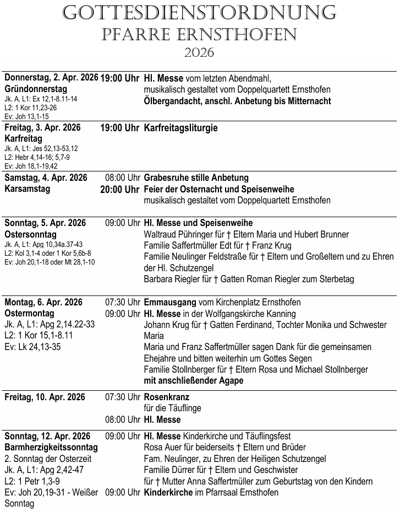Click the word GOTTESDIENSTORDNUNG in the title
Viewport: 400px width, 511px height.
[200, 13]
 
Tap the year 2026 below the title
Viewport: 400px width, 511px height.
[199, 53]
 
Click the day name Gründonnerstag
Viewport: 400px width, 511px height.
[36, 89]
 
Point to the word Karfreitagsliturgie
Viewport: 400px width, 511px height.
[180, 128]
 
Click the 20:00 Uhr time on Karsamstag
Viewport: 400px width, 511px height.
[120, 190]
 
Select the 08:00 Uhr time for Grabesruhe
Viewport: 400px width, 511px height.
[122, 178]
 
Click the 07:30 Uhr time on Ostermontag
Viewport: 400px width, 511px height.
[122, 303]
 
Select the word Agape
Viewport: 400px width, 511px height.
[231, 381]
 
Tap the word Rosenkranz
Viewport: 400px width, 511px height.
[166, 397]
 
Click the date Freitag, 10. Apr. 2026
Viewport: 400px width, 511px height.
[45, 397]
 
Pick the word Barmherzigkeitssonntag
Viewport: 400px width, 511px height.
[51, 448]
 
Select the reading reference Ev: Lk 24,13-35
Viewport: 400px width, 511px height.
[32, 347]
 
